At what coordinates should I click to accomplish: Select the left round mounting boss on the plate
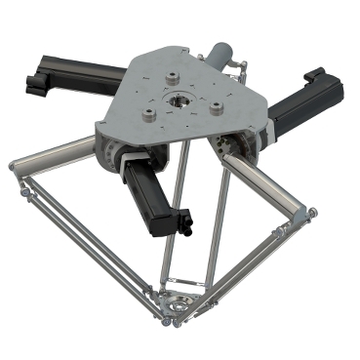pyautogui.click(x=148, y=114)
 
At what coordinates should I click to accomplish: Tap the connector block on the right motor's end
pyautogui.click(x=315, y=76)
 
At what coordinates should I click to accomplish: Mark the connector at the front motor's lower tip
pyautogui.click(x=183, y=225)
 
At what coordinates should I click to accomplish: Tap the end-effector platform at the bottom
pyautogui.click(x=178, y=310)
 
